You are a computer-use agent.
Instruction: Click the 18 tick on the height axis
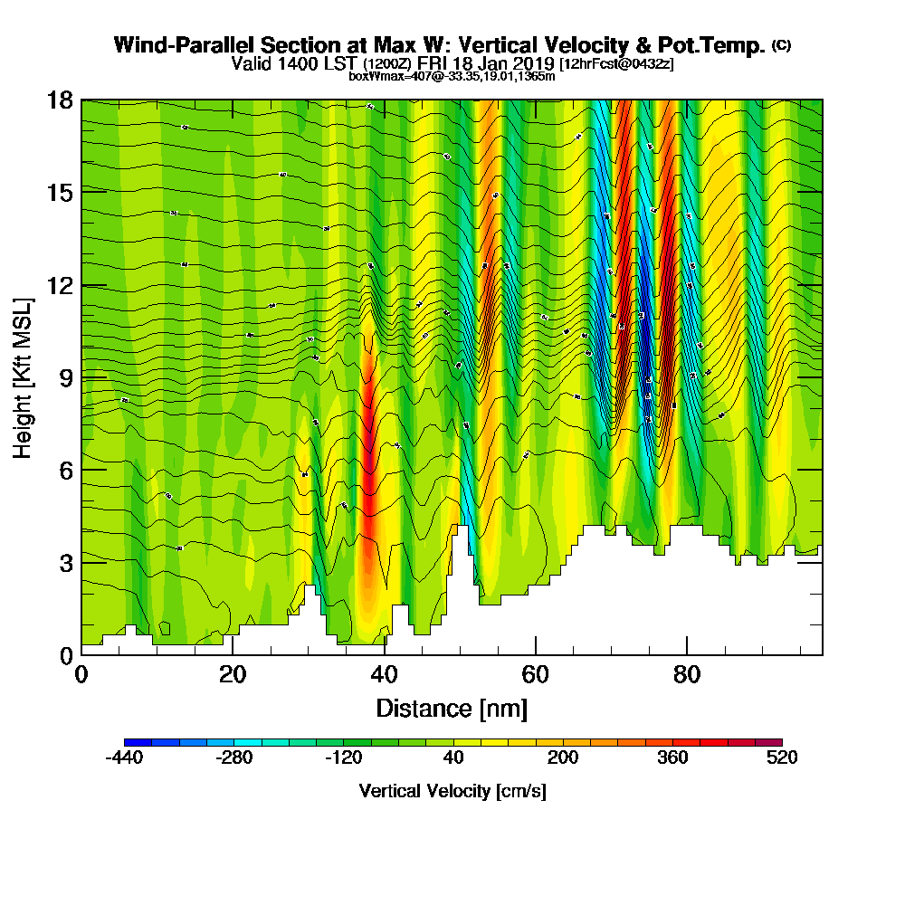point(60,100)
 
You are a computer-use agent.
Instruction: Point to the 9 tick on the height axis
point(65,376)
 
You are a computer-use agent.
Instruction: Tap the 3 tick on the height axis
point(65,562)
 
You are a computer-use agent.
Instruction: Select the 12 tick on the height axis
point(60,284)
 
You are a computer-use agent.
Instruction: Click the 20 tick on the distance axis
point(233,674)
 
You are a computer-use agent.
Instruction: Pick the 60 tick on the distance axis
point(536,674)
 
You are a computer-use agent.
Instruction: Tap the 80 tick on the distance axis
point(687,674)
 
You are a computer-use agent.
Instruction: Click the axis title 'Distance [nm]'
point(452,708)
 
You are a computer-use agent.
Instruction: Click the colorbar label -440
point(124,758)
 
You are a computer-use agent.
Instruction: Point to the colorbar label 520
point(781,758)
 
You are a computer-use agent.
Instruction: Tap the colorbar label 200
point(562,758)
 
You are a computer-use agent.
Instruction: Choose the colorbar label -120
point(343,758)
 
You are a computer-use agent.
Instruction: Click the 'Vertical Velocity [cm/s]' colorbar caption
point(452,791)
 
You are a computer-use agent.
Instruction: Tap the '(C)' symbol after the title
point(781,45)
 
